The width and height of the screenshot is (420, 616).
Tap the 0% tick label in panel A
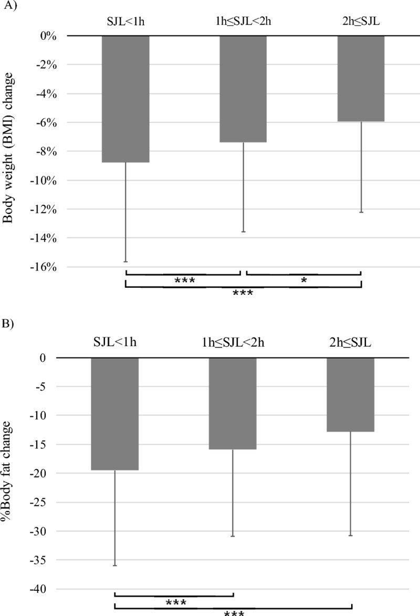click(47, 36)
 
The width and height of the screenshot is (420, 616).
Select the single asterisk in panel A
click(303, 281)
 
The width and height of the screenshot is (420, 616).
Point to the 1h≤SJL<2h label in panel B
click(233, 343)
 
